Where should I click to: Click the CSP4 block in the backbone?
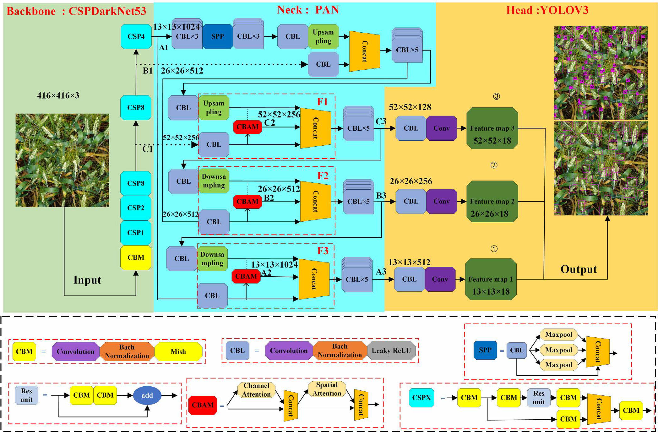136,36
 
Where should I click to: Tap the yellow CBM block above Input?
136,257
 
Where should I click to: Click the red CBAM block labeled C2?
247,127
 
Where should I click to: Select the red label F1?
322,102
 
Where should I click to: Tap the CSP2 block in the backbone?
136,208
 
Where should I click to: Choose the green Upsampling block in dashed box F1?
214,107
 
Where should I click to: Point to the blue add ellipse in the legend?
147,395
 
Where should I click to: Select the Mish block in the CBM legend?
178,352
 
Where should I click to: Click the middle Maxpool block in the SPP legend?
558,350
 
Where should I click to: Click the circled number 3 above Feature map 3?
496,96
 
